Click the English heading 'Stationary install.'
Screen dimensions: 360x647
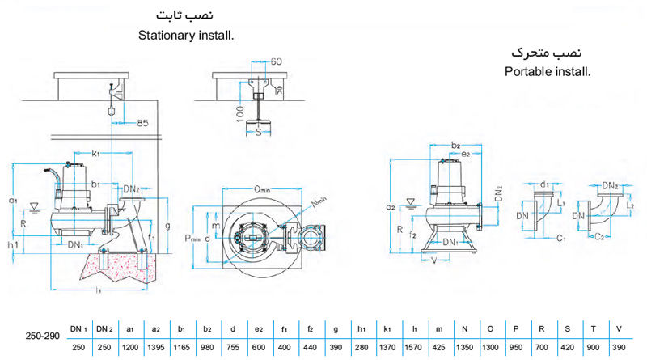tap(191, 36)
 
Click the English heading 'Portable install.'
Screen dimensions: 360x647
tap(548, 71)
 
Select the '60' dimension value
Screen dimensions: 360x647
tap(277, 61)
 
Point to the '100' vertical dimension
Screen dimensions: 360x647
tap(240, 111)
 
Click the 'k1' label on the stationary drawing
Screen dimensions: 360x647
tap(95, 153)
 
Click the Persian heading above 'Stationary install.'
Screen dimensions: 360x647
tap(192, 16)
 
